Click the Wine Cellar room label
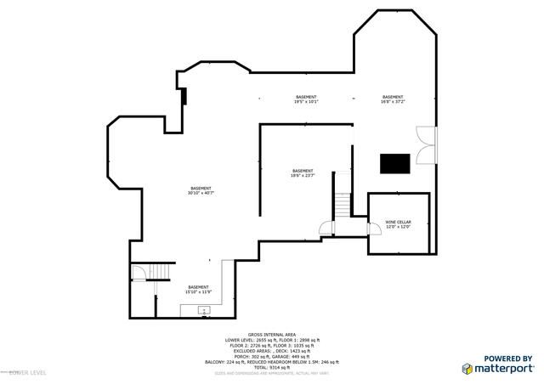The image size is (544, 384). (398, 221)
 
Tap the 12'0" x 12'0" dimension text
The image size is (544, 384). (398, 227)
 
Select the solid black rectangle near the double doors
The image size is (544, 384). (394, 162)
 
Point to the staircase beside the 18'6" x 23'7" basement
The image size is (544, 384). (342, 205)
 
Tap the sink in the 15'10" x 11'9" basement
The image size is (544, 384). (204, 310)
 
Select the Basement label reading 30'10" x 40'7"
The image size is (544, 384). (201, 189)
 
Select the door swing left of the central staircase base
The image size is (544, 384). (324, 227)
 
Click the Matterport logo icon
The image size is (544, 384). (467, 368)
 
